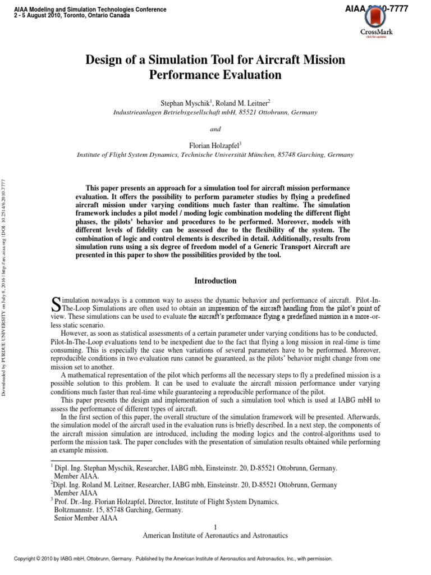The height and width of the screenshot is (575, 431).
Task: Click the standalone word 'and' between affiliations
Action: point(215,129)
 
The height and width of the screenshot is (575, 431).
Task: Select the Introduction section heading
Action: point(215,281)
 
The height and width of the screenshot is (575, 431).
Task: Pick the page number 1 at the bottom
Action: point(215,526)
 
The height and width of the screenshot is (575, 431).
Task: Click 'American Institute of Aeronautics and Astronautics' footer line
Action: point(215,536)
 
